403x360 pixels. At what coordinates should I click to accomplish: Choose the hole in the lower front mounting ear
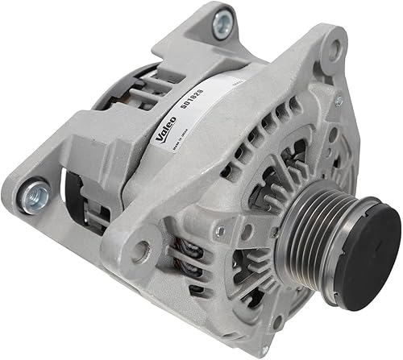pos(143,250)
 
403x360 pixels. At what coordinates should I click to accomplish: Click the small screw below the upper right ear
pos(339,101)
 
